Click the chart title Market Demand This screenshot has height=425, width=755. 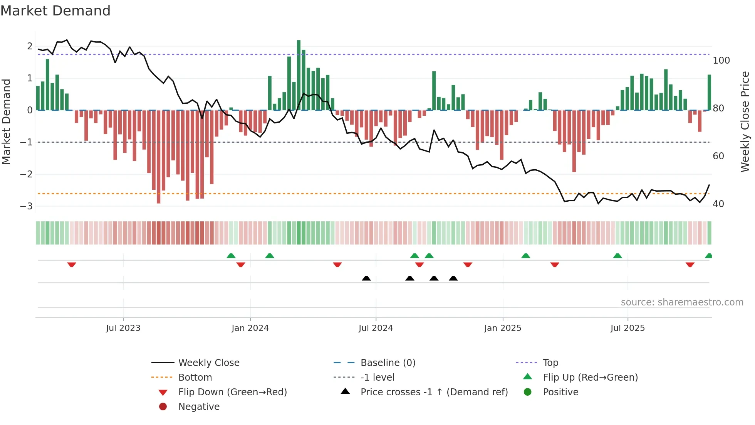tap(55, 10)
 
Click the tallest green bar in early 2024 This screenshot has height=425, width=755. tap(299, 75)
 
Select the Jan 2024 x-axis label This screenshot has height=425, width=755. tap(250, 328)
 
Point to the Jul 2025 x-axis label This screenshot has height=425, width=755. tap(627, 328)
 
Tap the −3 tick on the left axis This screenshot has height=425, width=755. tap(27, 206)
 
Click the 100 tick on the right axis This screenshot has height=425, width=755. tap(721, 61)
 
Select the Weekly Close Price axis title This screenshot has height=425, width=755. tap(745, 121)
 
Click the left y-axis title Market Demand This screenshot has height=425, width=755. tap(6, 121)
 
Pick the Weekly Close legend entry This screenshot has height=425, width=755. tap(208, 363)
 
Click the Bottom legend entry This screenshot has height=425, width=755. tap(195, 378)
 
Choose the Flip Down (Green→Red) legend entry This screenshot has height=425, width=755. tap(232, 392)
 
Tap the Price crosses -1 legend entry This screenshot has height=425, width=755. tap(434, 392)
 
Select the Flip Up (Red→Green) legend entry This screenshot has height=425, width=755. tap(590, 378)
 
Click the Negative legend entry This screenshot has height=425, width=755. tap(199, 407)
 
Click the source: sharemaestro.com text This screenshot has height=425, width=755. tap(682, 302)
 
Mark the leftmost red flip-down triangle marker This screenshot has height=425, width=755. tap(72, 265)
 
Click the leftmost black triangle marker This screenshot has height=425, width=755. tap(366, 278)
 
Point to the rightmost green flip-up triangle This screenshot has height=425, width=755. tap(708, 256)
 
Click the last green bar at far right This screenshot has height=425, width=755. tap(709, 93)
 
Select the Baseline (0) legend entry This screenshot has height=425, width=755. tap(388, 363)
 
